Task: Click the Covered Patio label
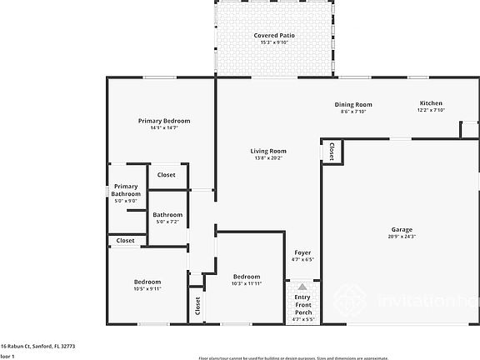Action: point(274,36)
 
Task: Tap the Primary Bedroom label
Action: point(164,121)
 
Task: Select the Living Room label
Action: point(268,151)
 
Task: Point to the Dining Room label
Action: point(353,104)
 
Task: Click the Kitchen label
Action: point(431,103)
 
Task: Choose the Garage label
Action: point(402,229)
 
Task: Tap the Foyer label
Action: point(302,252)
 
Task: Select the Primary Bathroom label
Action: point(126,190)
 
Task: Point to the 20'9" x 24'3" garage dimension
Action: point(402,237)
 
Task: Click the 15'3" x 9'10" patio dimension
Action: point(274,43)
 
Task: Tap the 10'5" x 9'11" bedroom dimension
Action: point(137,289)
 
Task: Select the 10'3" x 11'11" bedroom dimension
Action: point(246,284)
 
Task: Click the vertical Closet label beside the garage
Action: point(332,152)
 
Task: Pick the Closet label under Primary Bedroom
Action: point(167,175)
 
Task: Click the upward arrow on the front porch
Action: point(302,286)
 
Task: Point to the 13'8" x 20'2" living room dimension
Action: point(268,158)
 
